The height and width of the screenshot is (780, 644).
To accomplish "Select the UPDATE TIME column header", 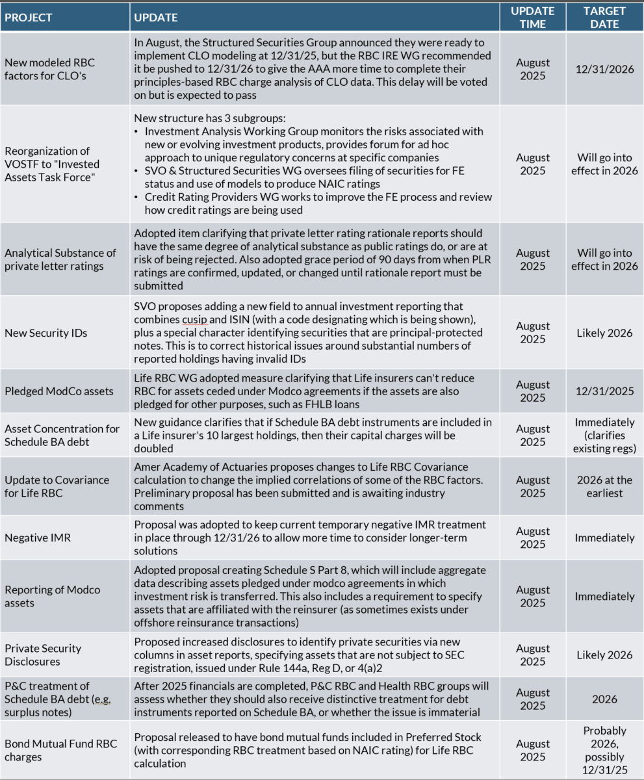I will point(532,18).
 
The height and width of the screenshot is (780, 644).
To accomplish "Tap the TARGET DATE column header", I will point(604,18).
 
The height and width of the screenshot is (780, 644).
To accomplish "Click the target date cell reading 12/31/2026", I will point(604,70).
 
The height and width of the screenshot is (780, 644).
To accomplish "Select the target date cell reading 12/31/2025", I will point(604,391).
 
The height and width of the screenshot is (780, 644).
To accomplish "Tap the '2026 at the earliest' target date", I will point(604,486).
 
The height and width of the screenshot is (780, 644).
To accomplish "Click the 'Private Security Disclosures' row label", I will point(43,655).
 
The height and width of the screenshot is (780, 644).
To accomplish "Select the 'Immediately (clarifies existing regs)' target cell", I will point(604,435).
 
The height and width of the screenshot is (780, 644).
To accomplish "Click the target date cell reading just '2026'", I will point(604,699).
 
